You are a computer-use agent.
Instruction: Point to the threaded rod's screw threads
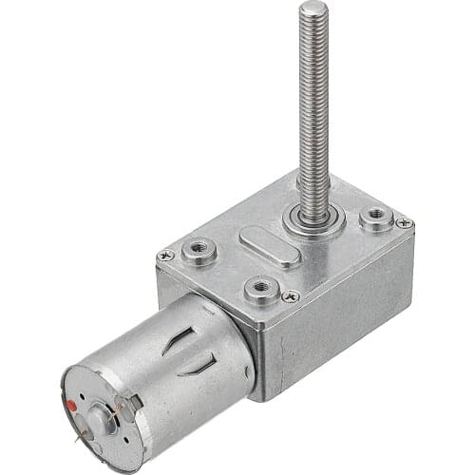[313, 95]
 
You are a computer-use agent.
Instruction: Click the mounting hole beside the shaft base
[376, 218]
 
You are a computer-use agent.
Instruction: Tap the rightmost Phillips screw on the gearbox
[403, 222]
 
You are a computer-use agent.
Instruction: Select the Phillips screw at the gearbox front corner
[291, 296]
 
